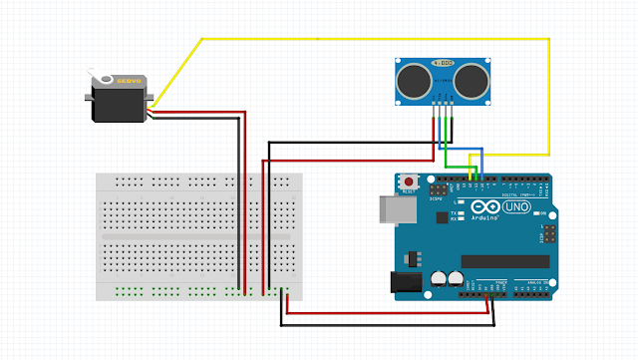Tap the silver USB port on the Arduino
click(391, 207)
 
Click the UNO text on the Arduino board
click(516, 207)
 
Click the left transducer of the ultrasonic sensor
click(412, 80)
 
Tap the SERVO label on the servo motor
click(131, 82)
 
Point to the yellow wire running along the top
click(379, 39)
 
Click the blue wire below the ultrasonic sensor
click(469, 150)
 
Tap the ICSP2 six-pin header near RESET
click(438, 187)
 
